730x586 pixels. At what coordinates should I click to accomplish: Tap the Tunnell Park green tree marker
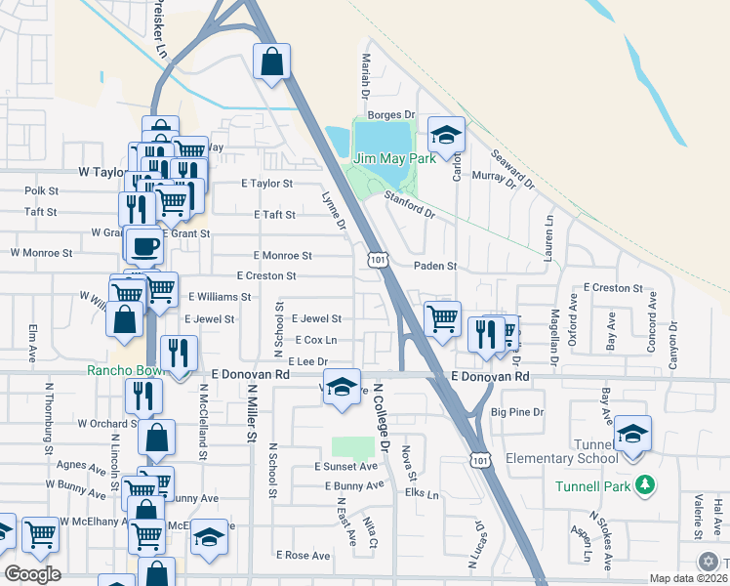(x=644, y=485)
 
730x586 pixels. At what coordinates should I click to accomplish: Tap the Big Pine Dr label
(x=517, y=412)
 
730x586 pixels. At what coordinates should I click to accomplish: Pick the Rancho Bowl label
(x=121, y=371)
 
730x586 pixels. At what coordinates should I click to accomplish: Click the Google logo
(x=32, y=574)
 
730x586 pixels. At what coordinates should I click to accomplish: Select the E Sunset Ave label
(x=345, y=467)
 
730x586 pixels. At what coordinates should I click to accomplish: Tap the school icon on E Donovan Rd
(x=342, y=387)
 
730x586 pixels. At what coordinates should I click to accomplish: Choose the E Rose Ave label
(x=304, y=555)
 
